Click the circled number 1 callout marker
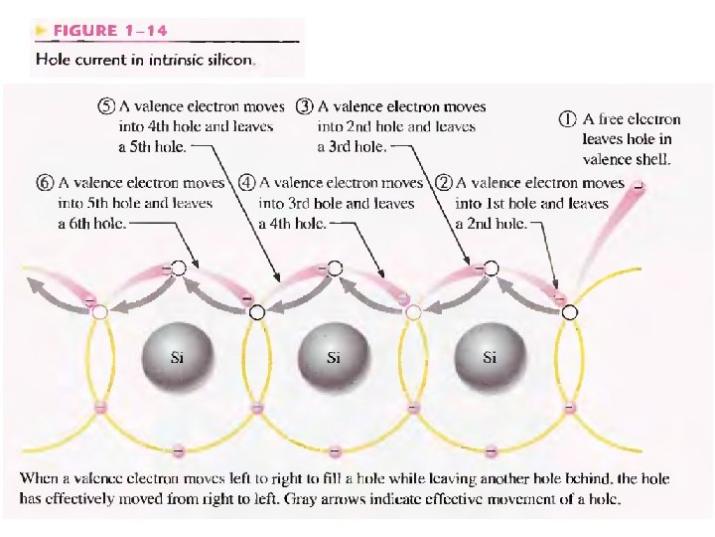coord(566,118)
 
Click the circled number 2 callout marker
coord(444,183)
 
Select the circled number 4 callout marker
coord(245,183)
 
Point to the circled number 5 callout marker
coord(106,106)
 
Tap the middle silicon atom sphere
coord(333,355)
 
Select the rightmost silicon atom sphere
coord(489,355)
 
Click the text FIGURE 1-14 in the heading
coord(97,31)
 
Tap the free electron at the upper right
coord(638,185)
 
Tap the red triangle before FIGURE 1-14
coord(40,31)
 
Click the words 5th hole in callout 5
coord(159,146)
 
